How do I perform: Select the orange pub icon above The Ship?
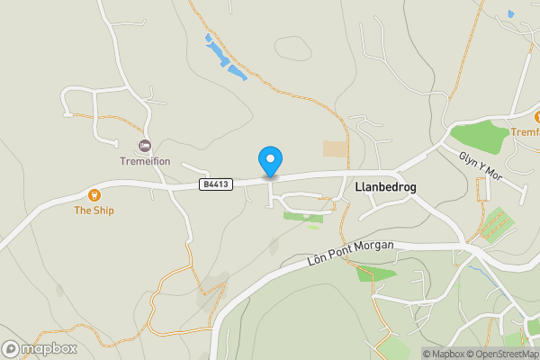pyautogui.click(x=94, y=194)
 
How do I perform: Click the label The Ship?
pyautogui.click(x=94, y=211)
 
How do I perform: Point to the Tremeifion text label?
pyautogui.click(x=145, y=162)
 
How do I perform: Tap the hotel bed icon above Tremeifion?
pyautogui.click(x=144, y=146)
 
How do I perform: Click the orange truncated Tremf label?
pyautogui.click(x=525, y=131)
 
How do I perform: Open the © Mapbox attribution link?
pyautogui.click(x=444, y=354)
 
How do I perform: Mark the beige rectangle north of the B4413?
pyautogui.click(x=335, y=149)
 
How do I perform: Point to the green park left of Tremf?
pyautogui.click(x=480, y=136)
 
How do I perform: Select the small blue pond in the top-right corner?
pyautogui.click(x=510, y=13)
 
